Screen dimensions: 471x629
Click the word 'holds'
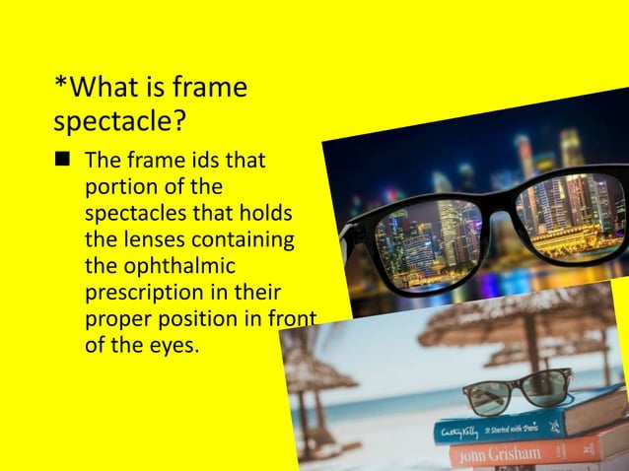(268, 214)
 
